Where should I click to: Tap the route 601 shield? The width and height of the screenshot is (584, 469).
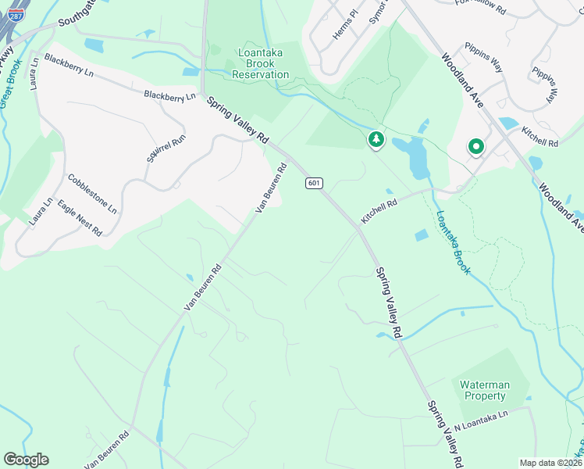point(313,183)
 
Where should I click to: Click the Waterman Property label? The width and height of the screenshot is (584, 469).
point(484,390)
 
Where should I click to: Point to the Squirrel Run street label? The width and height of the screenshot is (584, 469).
point(166,148)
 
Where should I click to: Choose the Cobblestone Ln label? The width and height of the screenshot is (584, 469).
point(92,194)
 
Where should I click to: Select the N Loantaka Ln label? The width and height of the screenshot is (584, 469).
point(481,421)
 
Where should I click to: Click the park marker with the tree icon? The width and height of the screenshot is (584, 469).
point(376,140)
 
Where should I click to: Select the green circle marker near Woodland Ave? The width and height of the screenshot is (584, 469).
point(475,146)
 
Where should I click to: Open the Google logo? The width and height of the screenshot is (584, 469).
point(26,460)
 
